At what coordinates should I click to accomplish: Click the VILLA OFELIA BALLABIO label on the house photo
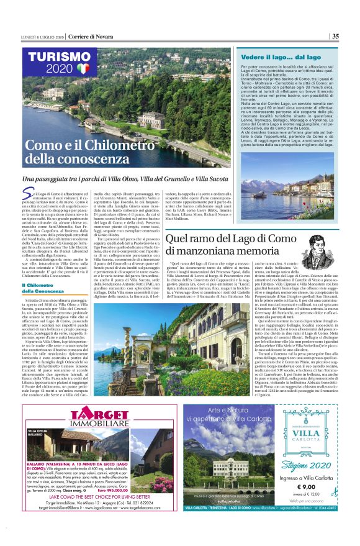coord(39,433)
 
